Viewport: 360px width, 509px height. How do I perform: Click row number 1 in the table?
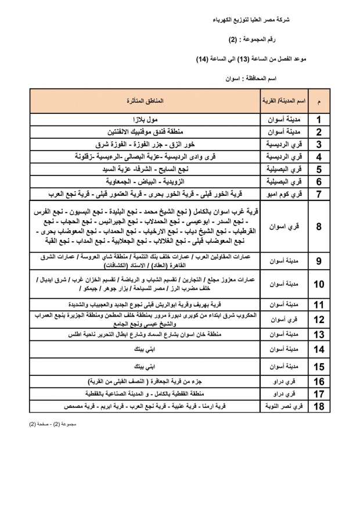tap(319, 120)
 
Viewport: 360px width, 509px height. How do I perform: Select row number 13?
tap(319, 335)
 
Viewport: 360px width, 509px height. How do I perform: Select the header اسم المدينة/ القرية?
tap(283, 101)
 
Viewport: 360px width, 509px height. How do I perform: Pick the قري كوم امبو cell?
tap(283, 193)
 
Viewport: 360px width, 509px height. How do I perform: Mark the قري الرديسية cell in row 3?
tap(283, 145)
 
